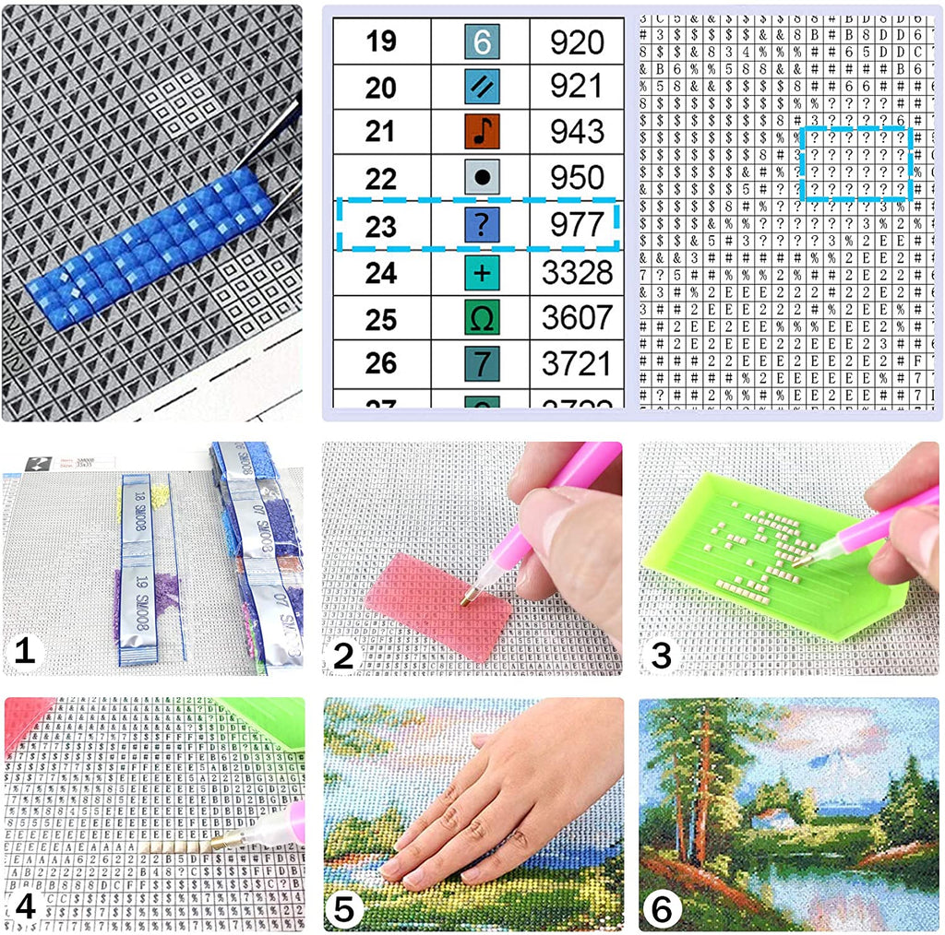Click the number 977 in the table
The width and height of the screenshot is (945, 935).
pyautogui.click(x=577, y=225)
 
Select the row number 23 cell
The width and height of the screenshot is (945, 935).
pyautogui.click(x=380, y=226)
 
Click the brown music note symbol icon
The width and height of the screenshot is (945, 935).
pyautogui.click(x=481, y=132)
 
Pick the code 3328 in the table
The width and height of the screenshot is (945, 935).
pyautogui.click(x=577, y=273)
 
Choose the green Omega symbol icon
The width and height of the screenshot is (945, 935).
pyautogui.click(x=481, y=318)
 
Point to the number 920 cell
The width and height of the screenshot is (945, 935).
pyautogui.click(x=577, y=42)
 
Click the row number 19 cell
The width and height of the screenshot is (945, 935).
pyautogui.click(x=380, y=42)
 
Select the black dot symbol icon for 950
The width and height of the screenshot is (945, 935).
pyautogui.click(x=481, y=178)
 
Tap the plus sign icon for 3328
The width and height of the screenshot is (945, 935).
pyautogui.click(x=481, y=273)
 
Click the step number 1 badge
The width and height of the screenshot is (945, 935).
pyautogui.click(x=24, y=653)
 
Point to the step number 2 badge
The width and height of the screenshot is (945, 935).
pyautogui.click(x=343, y=655)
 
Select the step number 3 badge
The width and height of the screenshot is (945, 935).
pyautogui.click(x=661, y=655)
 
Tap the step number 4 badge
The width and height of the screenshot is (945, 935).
pyautogui.click(x=25, y=907)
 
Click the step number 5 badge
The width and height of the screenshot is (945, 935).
pyautogui.click(x=344, y=909)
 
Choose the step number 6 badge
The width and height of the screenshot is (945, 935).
pyautogui.click(x=662, y=909)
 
